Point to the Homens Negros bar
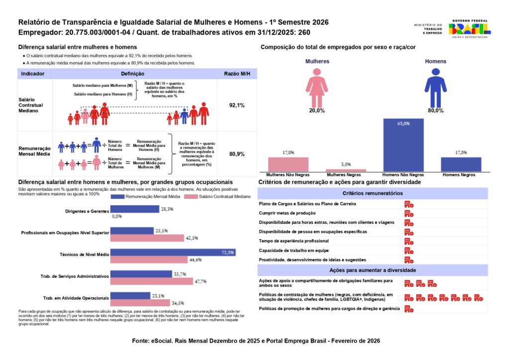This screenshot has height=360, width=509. point(461,165)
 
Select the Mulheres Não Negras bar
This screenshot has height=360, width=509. point(288,165)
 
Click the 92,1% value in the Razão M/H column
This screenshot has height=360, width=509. point(237,105)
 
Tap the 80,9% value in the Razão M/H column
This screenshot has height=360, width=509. point(237,154)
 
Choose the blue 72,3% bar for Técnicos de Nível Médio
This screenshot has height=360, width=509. point(172,253)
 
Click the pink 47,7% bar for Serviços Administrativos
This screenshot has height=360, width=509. point(152,281)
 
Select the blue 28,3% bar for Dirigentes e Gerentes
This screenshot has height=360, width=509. point(134,209)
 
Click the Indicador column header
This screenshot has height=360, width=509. point(33,74)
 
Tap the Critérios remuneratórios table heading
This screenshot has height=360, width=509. point(372,193)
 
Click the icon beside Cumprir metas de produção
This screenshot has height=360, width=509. point(409,213)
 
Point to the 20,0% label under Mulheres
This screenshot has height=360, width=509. point(316,110)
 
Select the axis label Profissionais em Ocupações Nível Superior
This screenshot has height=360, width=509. point(65,233)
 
